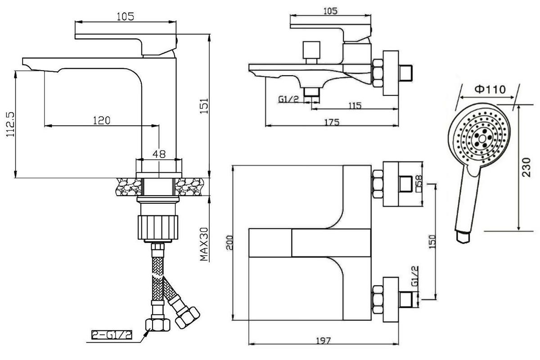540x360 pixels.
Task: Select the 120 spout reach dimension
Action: click(x=102, y=120)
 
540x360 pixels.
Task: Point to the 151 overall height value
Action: click(x=204, y=107)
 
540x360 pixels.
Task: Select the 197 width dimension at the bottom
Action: click(x=322, y=340)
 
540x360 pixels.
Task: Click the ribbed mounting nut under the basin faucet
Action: click(x=158, y=228)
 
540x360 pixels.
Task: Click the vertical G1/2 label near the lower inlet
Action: click(x=414, y=277)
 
